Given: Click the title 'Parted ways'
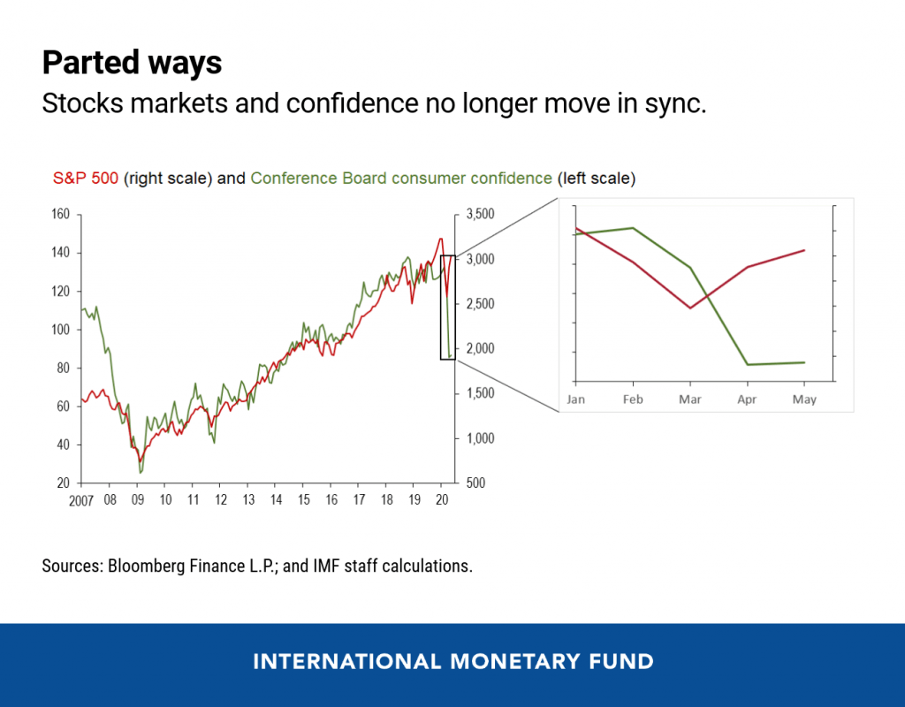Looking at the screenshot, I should point(132,63).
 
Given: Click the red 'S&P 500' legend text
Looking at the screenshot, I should point(86,178).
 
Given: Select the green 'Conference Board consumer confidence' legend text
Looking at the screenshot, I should point(401,178).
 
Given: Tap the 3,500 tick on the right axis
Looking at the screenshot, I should point(481,215).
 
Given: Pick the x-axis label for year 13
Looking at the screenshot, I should point(249,499).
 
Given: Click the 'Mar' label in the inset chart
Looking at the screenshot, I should point(689,399).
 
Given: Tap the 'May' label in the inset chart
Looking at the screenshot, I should point(804,399).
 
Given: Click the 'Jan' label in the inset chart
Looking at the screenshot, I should point(575,399).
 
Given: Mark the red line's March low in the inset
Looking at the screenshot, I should point(689,308).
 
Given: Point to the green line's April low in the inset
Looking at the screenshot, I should point(748,364).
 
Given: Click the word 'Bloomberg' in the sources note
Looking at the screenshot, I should point(146,566).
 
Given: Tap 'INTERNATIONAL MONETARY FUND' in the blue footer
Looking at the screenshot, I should point(452,661).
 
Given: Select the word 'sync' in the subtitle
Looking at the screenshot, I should point(681,104).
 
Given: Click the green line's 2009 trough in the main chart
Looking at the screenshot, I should point(141,473).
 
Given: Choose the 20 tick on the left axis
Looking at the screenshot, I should point(62,483).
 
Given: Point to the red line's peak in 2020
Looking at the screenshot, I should point(441,239).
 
